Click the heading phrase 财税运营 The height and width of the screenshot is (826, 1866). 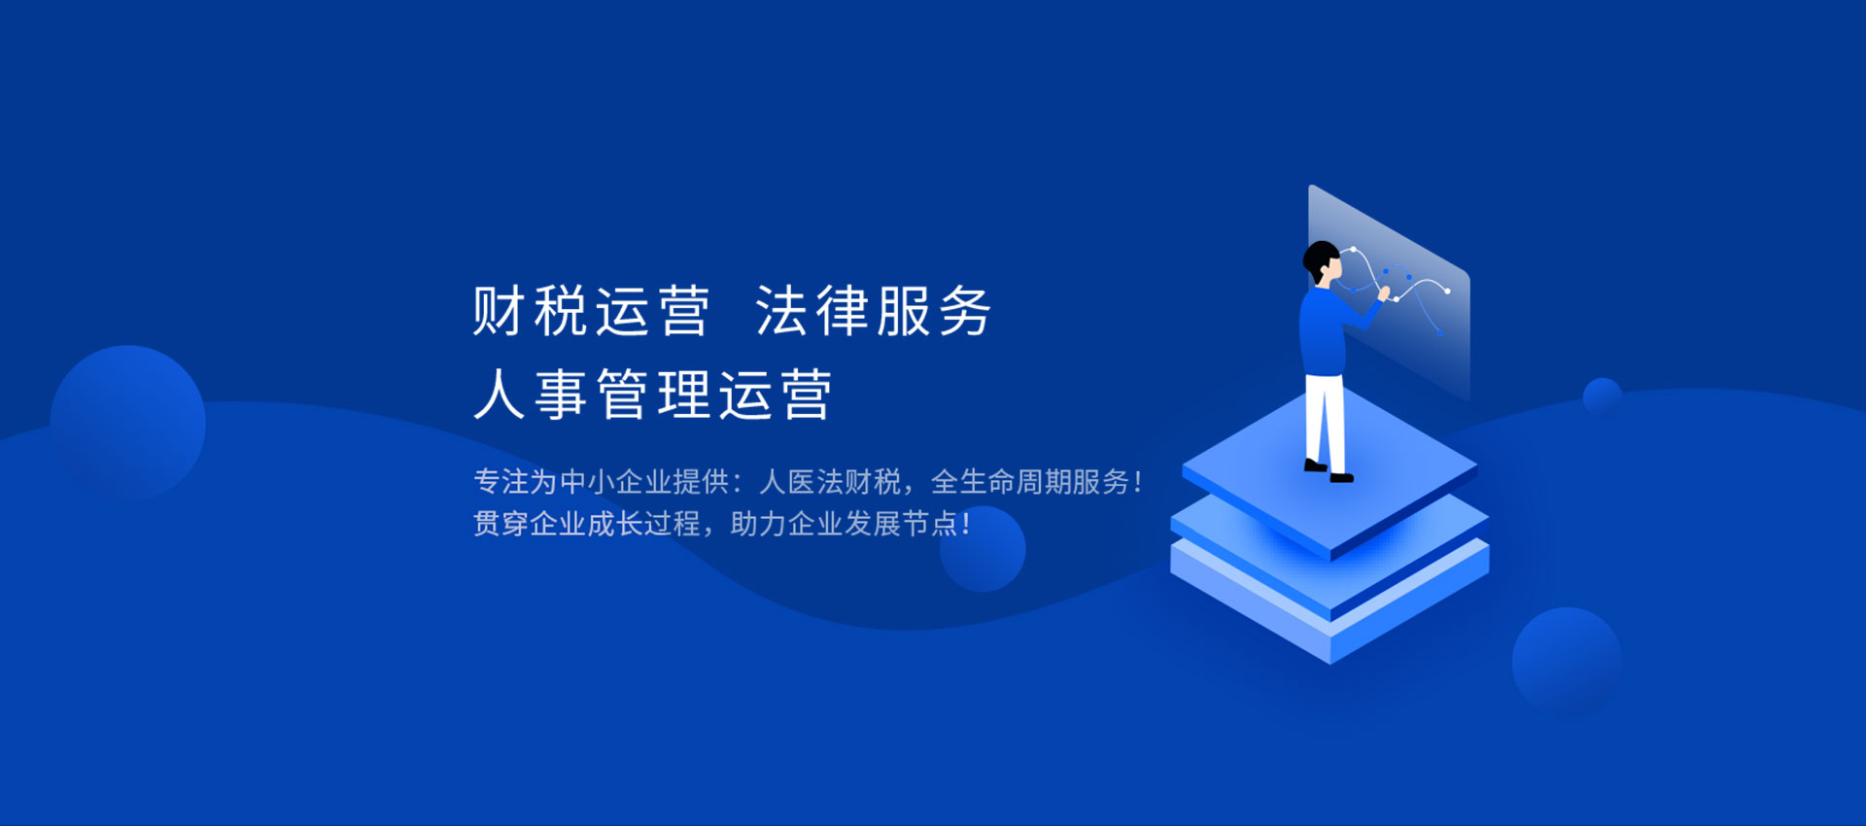[591, 311]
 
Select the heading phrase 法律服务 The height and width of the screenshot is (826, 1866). [873, 311]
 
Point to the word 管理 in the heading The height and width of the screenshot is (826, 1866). [652, 395]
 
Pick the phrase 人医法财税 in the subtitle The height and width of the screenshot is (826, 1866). [830, 481]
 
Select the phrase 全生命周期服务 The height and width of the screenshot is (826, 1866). [1030, 481]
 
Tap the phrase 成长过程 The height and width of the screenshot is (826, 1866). [643, 524]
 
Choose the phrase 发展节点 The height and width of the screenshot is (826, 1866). [901, 524]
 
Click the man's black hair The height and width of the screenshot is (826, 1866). [1319, 260]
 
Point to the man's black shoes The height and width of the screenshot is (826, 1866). [1329, 471]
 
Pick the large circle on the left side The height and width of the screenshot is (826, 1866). [127, 423]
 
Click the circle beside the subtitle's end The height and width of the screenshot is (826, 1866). [983, 549]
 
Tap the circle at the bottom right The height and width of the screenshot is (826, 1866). [1567, 662]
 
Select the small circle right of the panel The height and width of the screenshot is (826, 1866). [1602, 396]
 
